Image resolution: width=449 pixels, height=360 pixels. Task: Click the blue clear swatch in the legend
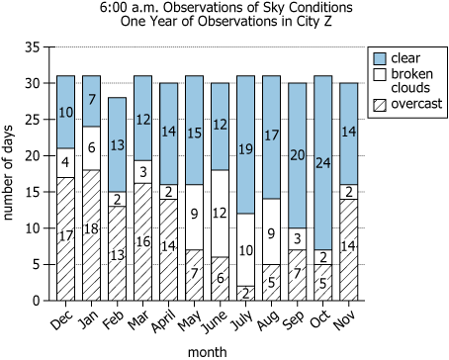(379, 58)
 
